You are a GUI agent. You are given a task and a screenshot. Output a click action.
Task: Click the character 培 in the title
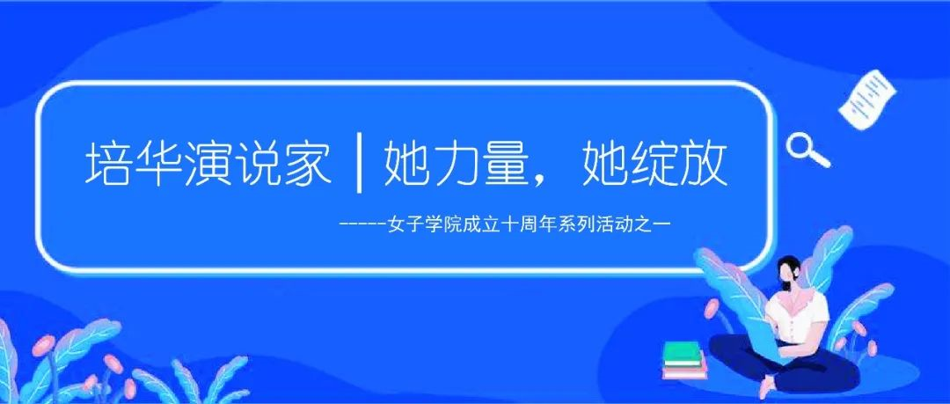pos(106,164)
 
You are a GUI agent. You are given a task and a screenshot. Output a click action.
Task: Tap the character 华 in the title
pos(157,164)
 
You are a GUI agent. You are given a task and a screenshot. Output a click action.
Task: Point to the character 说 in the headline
pos(258,164)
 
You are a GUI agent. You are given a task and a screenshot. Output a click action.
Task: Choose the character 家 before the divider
pos(309,164)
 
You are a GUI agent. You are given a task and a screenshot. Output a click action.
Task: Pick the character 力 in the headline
pos(456,164)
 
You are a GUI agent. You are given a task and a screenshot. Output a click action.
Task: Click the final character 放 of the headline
pos(704,164)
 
